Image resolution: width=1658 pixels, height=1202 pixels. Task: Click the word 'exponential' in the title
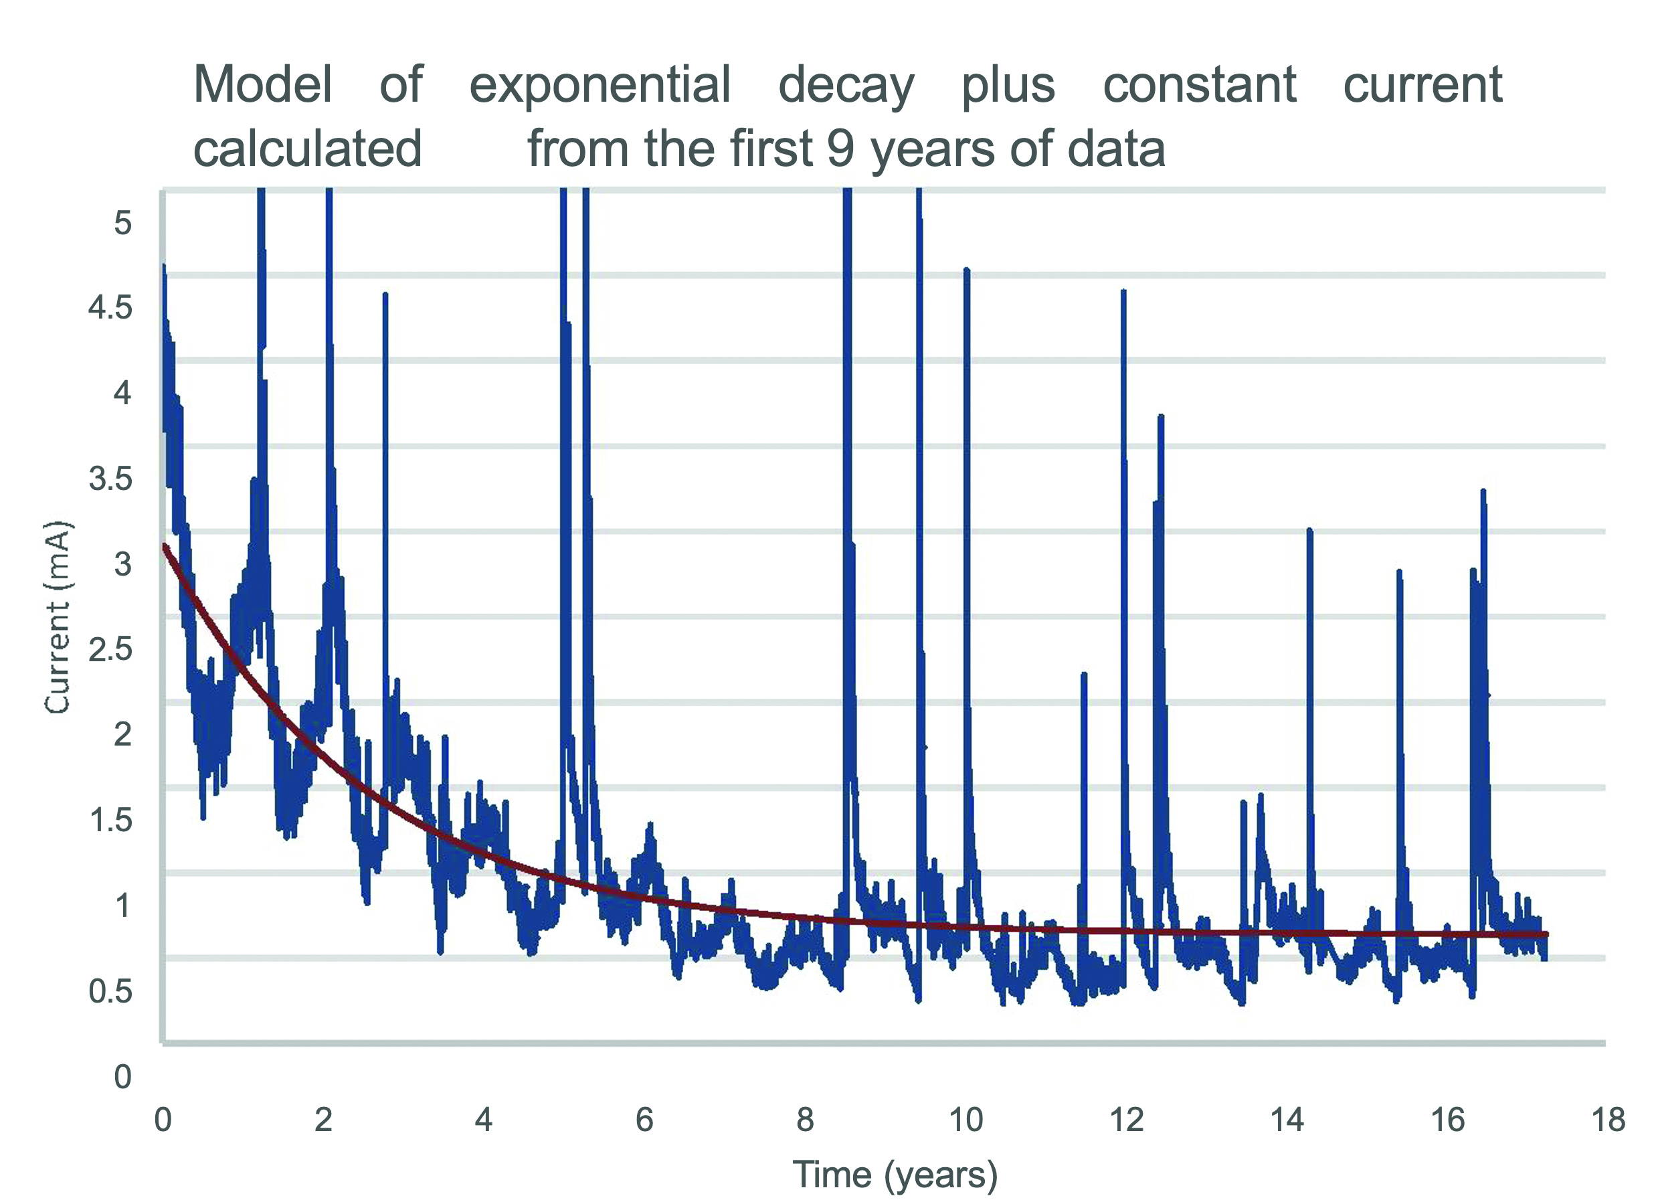(600, 86)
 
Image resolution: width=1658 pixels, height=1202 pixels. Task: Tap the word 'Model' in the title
(262, 84)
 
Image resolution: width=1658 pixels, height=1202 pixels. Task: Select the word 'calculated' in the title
(307, 149)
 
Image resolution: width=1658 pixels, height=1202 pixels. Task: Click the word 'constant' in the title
(1200, 84)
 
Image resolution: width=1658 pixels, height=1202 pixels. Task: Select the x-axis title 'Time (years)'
(895, 1174)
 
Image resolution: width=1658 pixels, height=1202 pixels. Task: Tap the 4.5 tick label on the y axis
(110, 307)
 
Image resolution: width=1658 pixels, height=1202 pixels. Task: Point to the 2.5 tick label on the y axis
(110, 649)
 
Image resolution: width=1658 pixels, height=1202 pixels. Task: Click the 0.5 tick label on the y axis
(110, 991)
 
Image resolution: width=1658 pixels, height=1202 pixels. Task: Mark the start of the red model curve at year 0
(165, 545)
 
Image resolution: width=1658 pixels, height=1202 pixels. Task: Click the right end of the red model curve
(1546, 934)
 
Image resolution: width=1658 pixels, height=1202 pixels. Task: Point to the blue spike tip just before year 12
(1123, 292)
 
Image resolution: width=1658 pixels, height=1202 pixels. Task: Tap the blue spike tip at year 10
(966, 270)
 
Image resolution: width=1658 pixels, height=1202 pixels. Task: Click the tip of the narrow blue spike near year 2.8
(385, 294)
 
